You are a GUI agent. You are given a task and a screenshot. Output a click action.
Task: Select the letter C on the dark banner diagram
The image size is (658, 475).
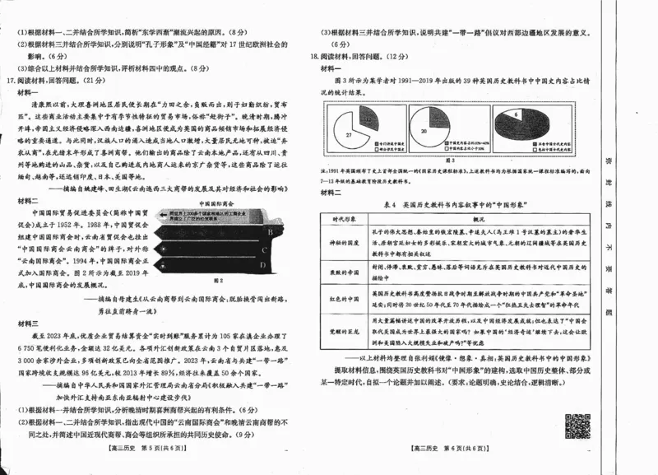[x=269, y=250]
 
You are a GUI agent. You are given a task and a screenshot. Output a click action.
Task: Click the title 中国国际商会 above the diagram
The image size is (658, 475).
[x=217, y=201]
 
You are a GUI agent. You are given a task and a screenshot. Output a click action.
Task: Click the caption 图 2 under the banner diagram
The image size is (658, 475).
[x=217, y=281]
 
